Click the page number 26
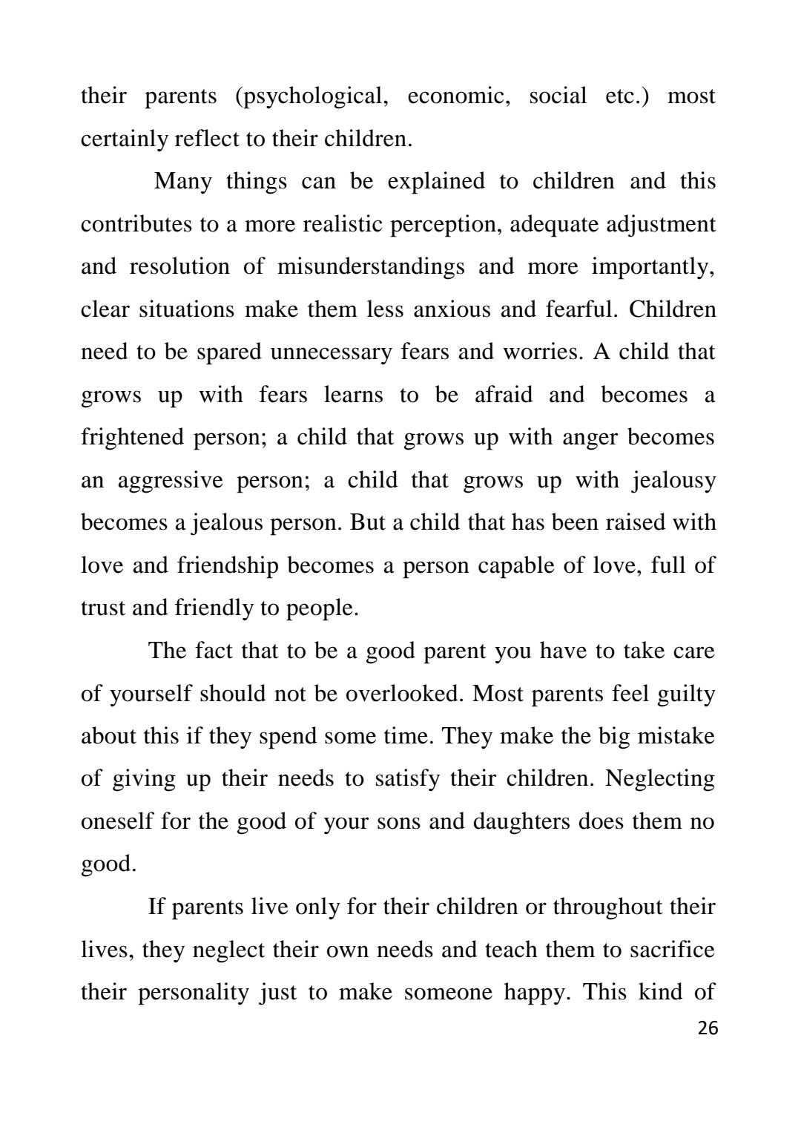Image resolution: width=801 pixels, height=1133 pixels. (708, 1028)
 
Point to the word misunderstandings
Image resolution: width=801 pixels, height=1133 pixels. (371, 267)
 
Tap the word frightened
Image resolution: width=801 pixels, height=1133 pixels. (133, 438)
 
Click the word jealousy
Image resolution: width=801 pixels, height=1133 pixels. (673, 481)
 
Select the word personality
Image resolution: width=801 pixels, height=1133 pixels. (193, 993)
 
